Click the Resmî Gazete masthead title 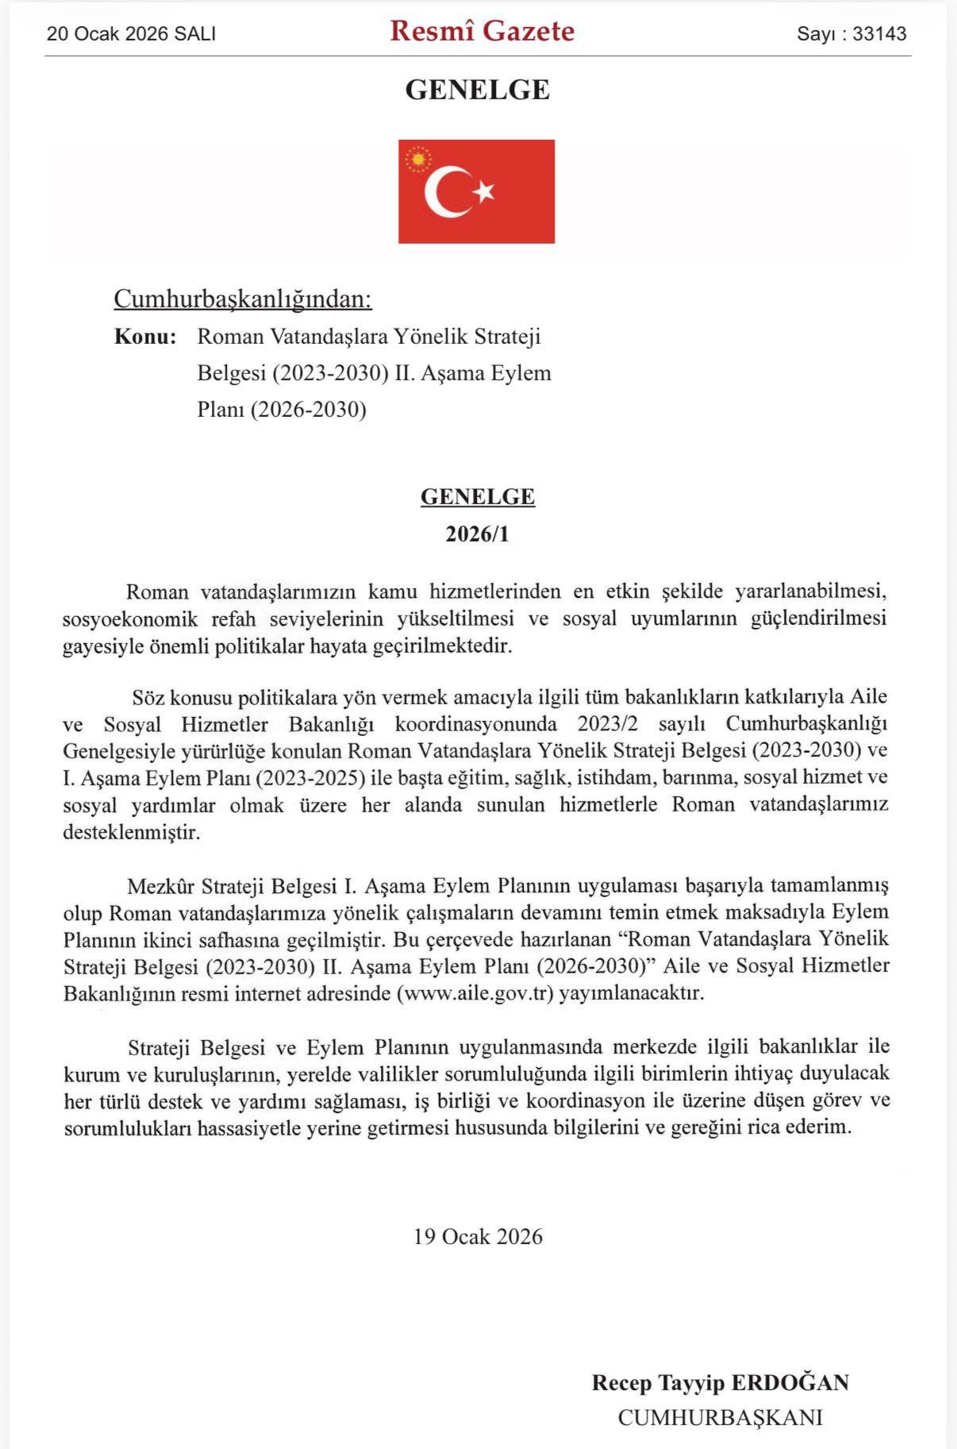pyautogui.click(x=482, y=31)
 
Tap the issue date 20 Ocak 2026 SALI pyautogui.click(x=131, y=33)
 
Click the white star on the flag pyautogui.click(x=484, y=191)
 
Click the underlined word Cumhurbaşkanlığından pyautogui.click(x=243, y=299)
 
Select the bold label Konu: pyautogui.click(x=145, y=336)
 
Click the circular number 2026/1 pyautogui.click(x=478, y=534)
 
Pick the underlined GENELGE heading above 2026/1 pyautogui.click(x=478, y=496)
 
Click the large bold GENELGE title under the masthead pyautogui.click(x=478, y=90)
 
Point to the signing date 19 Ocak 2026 pyautogui.click(x=478, y=1236)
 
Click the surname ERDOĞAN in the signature pyautogui.click(x=790, y=1382)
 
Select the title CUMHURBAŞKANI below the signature pyautogui.click(x=720, y=1417)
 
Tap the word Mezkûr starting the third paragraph pyautogui.click(x=161, y=885)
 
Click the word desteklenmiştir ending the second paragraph pyautogui.click(x=132, y=832)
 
